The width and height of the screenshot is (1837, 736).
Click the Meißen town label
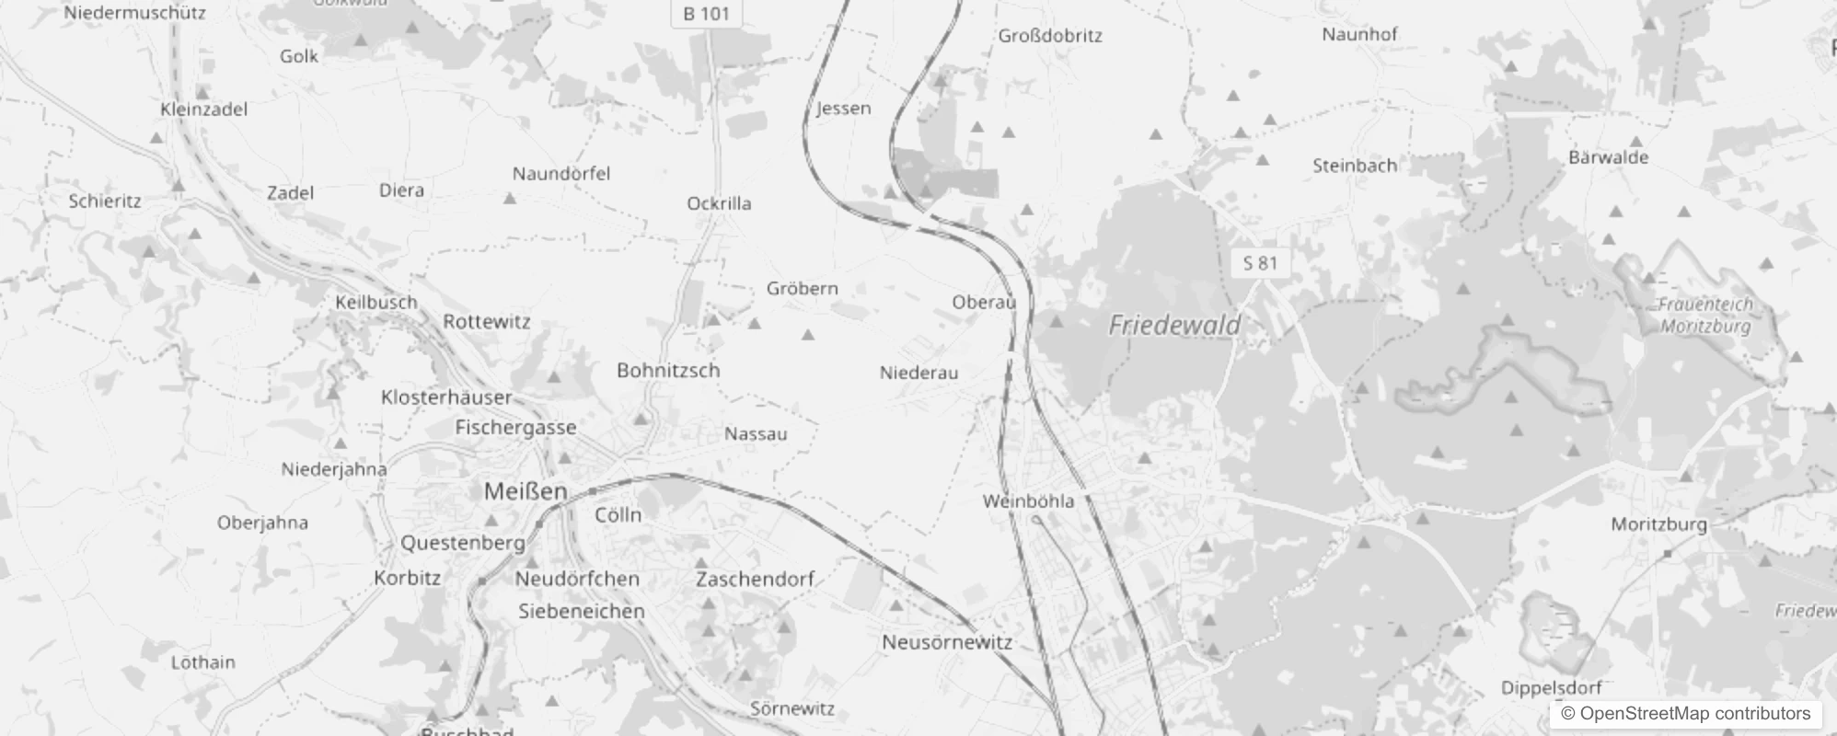tap(526, 491)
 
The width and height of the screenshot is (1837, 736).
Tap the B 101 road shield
tap(706, 14)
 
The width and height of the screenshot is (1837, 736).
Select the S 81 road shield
tap(1260, 263)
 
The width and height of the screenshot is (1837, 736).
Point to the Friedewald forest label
tap(1174, 325)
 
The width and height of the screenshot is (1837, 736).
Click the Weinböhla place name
tap(1028, 501)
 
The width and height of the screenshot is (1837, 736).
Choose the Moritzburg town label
tap(1658, 524)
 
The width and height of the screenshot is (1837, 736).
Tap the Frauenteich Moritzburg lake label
tap(1705, 315)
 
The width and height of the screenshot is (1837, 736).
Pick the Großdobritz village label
tap(1050, 36)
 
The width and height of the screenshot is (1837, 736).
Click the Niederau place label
tap(918, 373)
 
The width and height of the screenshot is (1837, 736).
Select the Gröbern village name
tap(803, 288)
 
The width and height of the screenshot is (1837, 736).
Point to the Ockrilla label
tap(719, 203)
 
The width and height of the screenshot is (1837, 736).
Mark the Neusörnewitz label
tap(947, 642)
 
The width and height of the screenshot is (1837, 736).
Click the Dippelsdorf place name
tap(1551, 687)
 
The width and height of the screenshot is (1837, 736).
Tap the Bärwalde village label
tap(1608, 157)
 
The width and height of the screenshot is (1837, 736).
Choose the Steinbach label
tap(1354, 166)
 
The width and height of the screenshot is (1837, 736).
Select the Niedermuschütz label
tap(134, 13)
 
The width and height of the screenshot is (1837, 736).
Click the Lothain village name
tap(202, 662)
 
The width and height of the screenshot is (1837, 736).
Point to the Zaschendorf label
tap(755, 579)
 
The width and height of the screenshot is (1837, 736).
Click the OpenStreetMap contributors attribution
tap(1684, 713)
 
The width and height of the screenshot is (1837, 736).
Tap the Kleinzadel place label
tap(203, 109)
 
